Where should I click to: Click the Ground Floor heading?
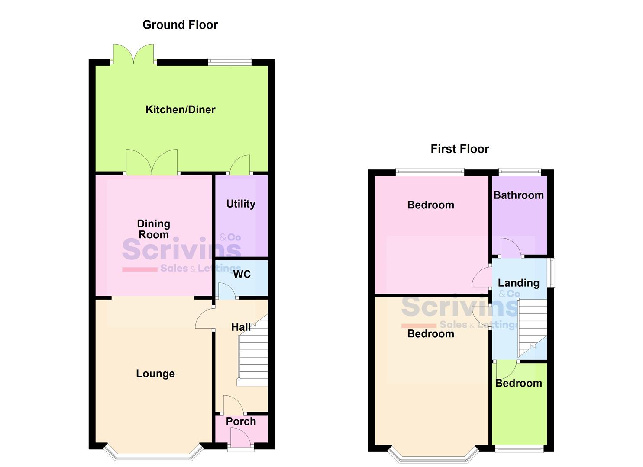(180, 25)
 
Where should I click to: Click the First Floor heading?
(459, 149)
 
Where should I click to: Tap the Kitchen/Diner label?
(180, 110)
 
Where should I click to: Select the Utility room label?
(241, 204)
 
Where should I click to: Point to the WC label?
(242, 274)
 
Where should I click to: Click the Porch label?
(241, 422)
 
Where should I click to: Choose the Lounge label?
(155, 374)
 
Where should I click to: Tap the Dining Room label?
(153, 229)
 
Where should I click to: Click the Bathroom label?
(518, 195)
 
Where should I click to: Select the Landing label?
(518, 283)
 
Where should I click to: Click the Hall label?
(241, 327)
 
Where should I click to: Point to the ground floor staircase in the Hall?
(253, 355)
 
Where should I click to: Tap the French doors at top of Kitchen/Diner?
(133, 54)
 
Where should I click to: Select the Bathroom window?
(520, 172)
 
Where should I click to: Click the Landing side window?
(551, 273)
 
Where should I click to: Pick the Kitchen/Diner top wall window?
(229, 62)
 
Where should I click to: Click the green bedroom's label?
(518, 384)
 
